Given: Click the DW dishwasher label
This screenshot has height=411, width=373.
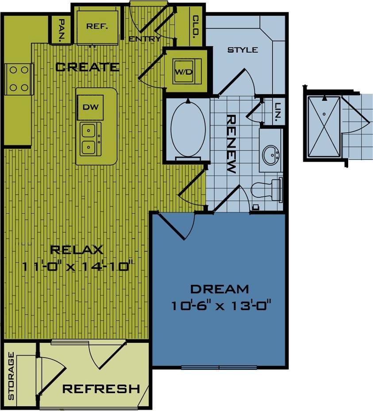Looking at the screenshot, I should point(90,107).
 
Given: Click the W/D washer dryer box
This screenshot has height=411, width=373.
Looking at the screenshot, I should point(184,72).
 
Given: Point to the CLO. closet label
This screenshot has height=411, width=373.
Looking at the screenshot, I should point(196,27).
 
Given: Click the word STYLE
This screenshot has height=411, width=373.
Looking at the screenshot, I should point(242,50).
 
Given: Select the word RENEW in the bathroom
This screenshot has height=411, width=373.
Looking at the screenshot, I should point(231,144).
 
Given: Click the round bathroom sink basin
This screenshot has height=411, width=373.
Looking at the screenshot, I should point(271,155).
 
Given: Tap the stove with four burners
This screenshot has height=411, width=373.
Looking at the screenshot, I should point(19,78).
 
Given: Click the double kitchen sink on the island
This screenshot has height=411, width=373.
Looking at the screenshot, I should point(90,138).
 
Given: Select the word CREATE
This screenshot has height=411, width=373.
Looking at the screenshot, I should point(87,67).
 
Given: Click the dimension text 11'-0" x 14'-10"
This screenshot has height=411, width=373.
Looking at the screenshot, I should point(78,266).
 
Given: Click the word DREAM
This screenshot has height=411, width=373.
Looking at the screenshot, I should point(219,289).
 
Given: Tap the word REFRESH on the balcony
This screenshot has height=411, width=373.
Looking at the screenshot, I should point(101,389).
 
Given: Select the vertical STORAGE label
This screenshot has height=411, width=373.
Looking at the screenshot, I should point(11,376).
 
